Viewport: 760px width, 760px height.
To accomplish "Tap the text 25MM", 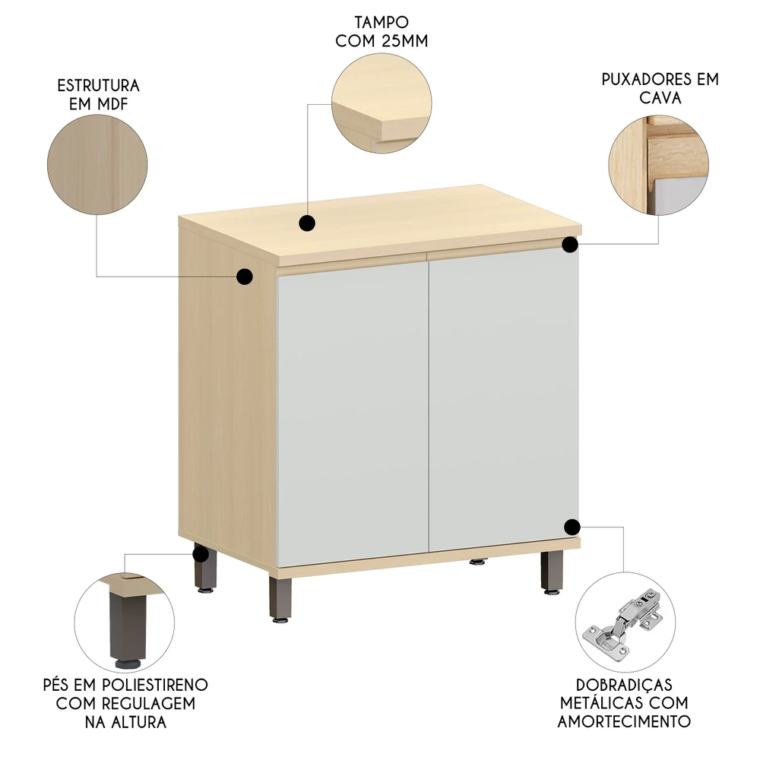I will [x=400, y=40].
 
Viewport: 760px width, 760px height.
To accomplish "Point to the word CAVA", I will [x=660, y=97].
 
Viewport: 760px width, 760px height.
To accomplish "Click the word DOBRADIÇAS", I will [x=624, y=685].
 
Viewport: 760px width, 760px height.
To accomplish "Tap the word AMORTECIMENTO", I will [x=624, y=721].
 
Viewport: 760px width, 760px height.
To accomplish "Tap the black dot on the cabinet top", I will [x=307, y=223].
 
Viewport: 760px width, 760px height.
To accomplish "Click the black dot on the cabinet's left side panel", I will [x=245, y=277].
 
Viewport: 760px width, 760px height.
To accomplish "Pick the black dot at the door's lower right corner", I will [x=572, y=526].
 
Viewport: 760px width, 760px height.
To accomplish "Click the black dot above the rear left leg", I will [x=201, y=553].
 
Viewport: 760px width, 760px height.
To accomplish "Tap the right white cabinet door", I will [x=503, y=395].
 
